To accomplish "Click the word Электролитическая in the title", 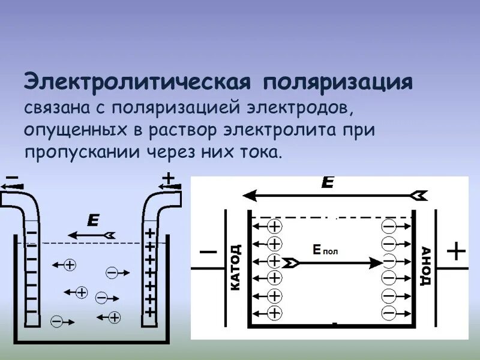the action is pyautogui.click(x=136, y=82).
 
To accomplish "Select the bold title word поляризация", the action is pyautogui.click(x=336, y=82).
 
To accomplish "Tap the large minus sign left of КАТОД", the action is pyautogui.click(x=207, y=252).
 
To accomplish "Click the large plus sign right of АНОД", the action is pyautogui.click(x=457, y=251).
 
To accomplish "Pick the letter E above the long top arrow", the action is pyautogui.click(x=327, y=183).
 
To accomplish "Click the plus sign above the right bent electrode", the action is pyautogui.click(x=169, y=178).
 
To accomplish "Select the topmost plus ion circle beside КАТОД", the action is pyautogui.click(x=274, y=226).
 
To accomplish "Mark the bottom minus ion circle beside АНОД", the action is pyautogui.click(x=389, y=313).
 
